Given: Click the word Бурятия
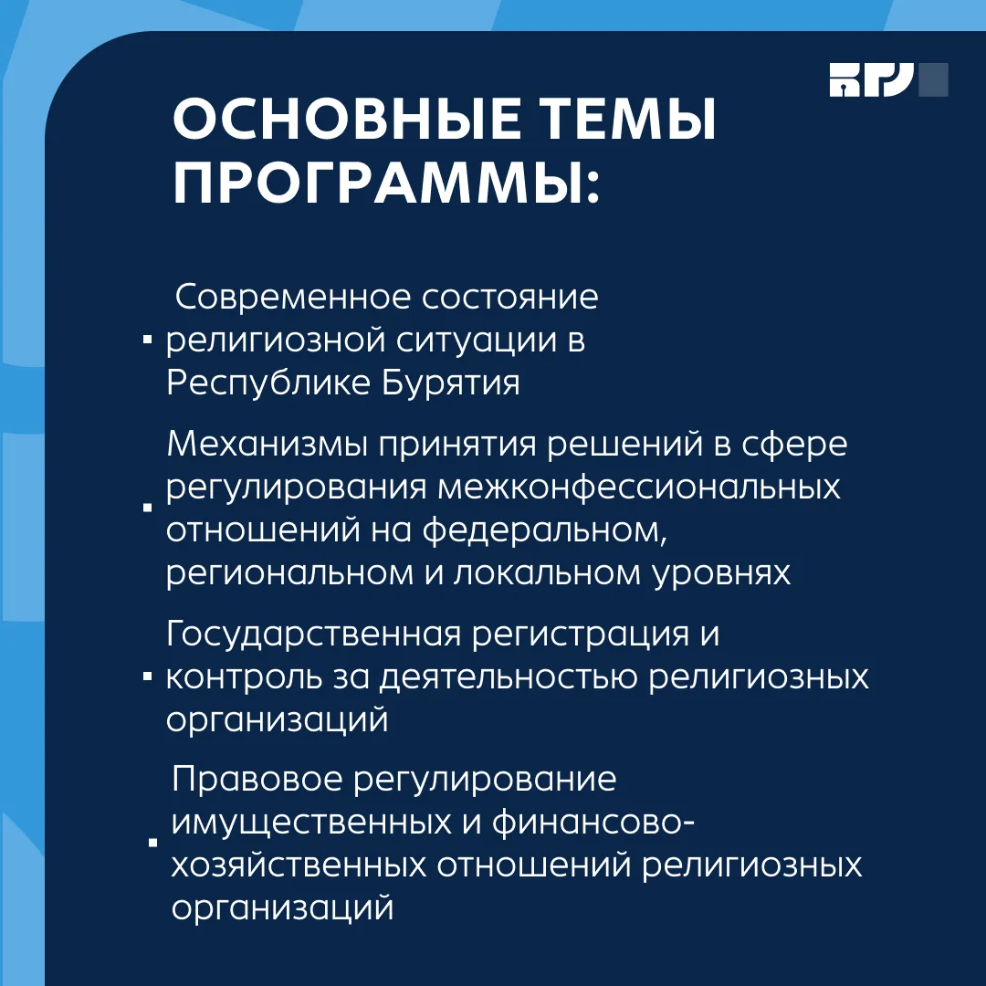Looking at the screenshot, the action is (x=451, y=383).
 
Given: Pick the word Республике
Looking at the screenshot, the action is (x=268, y=383).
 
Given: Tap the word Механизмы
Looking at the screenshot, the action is (x=267, y=444).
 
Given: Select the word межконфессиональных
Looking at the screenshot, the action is (x=639, y=488).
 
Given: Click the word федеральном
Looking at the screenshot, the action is (x=544, y=530).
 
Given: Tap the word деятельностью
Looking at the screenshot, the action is (x=509, y=677).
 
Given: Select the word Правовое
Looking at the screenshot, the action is (x=257, y=780).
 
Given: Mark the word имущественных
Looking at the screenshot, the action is (x=311, y=823).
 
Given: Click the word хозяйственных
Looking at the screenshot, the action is (x=299, y=865).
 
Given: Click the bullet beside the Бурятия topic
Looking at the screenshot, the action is (x=148, y=341).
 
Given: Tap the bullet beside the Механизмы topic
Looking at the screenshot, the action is (x=148, y=507).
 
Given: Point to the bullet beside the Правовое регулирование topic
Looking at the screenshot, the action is (x=152, y=843).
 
